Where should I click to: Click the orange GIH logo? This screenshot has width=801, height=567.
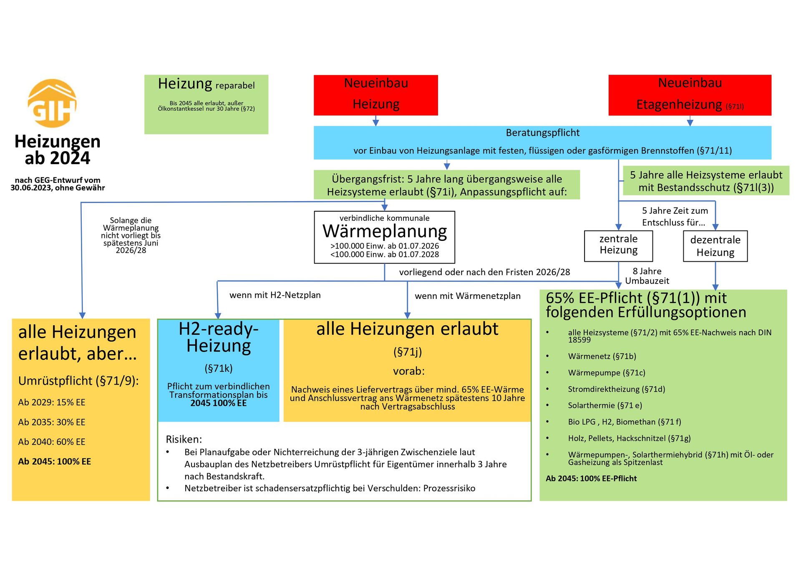[52, 103]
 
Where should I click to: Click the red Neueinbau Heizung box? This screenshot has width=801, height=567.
[375, 95]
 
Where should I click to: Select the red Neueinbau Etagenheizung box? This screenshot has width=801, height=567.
[690, 95]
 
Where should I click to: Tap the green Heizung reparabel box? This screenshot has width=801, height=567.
[206, 104]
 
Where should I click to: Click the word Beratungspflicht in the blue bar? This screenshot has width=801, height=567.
[542, 133]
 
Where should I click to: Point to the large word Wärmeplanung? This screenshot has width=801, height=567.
[384, 231]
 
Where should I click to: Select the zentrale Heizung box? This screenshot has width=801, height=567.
[618, 246]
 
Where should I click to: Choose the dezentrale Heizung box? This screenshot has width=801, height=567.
[715, 246]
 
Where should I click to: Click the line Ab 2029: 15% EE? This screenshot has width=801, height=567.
[52, 402]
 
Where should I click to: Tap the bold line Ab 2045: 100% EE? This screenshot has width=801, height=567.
[54, 461]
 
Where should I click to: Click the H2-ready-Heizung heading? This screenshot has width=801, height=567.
[219, 337]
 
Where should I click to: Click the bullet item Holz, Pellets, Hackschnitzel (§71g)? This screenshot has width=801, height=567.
[629, 438]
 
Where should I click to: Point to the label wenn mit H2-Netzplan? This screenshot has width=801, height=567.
[275, 295]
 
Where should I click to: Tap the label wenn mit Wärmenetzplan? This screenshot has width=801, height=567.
[467, 296]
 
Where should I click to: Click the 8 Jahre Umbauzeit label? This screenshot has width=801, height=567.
[647, 276]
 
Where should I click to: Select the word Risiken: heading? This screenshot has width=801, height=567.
[184, 439]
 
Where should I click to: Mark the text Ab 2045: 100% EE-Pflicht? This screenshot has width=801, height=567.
[591, 478]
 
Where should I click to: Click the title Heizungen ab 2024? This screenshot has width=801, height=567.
[58, 149]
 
